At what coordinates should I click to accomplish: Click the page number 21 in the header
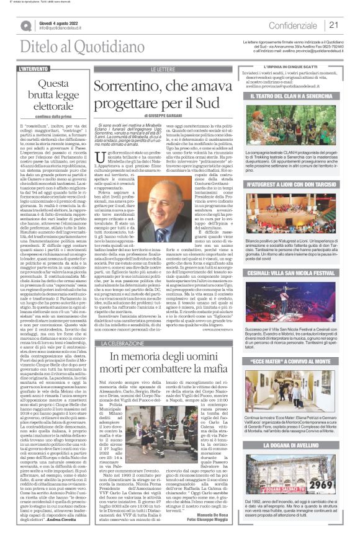(333, 25)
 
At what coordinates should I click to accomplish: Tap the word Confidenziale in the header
(294, 25)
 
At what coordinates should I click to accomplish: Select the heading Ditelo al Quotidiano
(65, 46)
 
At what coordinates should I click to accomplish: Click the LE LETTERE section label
(163, 69)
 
